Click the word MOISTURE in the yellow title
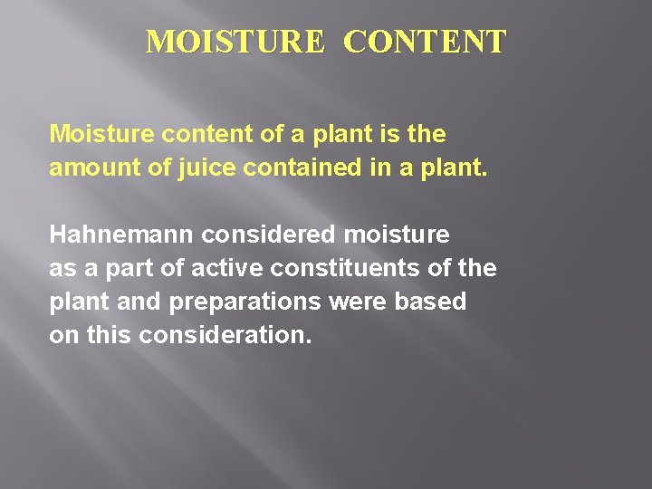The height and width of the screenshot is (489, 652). (x=235, y=42)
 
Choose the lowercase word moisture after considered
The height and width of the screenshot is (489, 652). (x=396, y=235)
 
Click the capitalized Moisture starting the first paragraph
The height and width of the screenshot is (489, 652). (x=101, y=135)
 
